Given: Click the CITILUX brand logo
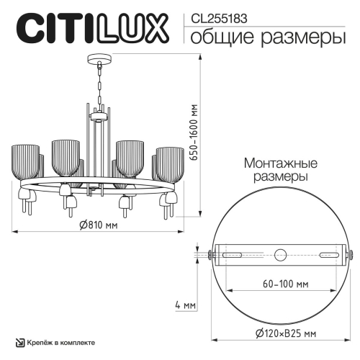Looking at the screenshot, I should pos(92,31).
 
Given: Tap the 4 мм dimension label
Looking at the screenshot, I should pos(185,305).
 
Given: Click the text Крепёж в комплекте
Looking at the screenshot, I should pos(58,343).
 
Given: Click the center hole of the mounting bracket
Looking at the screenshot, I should pos(280,254).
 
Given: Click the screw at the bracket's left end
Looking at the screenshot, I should pos(209,254).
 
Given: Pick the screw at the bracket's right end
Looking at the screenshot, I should pos(351,254).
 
